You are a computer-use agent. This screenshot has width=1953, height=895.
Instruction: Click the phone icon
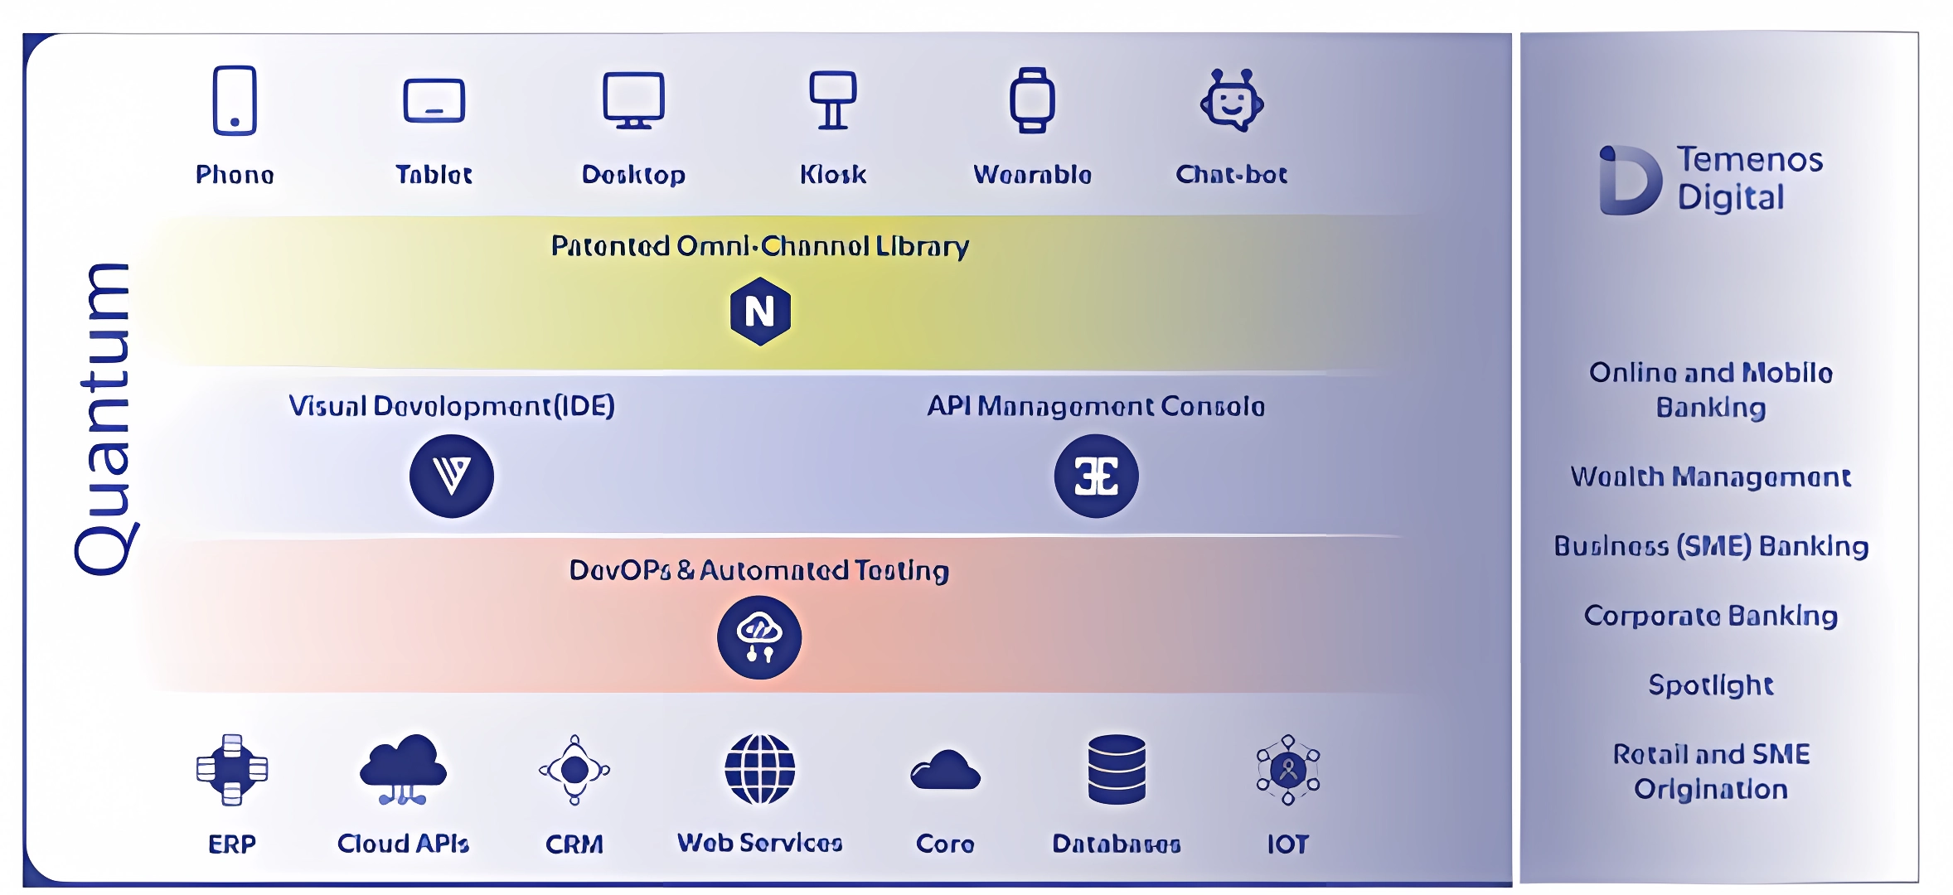click(x=235, y=100)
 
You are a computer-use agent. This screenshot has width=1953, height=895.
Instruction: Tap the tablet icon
click(x=434, y=101)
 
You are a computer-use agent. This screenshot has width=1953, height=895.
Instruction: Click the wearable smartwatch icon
click(x=1032, y=100)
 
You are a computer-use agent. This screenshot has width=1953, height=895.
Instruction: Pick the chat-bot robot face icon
click(x=1232, y=101)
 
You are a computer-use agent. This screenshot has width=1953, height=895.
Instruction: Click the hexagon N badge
click(x=760, y=312)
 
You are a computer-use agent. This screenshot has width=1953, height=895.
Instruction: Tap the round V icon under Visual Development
click(x=452, y=476)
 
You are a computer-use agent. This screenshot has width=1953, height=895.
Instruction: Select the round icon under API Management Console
click(x=1096, y=476)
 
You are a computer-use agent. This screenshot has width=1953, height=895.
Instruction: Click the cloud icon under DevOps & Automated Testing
click(x=759, y=637)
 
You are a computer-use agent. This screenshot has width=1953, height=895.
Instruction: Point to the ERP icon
click(x=232, y=770)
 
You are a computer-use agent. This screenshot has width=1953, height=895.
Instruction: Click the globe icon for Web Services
click(x=759, y=770)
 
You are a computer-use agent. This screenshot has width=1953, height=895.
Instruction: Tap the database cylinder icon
click(x=1117, y=770)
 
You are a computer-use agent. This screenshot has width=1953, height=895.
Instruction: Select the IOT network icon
click(x=1287, y=770)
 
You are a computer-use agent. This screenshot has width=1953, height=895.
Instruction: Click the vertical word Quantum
click(x=104, y=419)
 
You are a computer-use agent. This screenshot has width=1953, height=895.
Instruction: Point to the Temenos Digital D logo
click(x=1630, y=181)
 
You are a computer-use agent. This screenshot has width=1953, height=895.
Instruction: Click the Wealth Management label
click(x=1710, y=477)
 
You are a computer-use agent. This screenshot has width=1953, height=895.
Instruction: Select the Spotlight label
click(x=1710, y=685)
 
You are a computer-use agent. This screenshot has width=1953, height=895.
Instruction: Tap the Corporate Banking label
click(x=1710, y=616)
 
